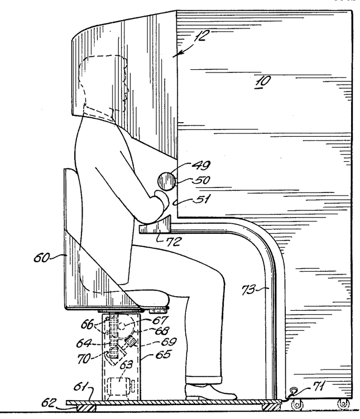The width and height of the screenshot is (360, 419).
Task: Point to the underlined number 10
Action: (261, 81)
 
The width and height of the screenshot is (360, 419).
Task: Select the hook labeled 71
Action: (291, 394)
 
